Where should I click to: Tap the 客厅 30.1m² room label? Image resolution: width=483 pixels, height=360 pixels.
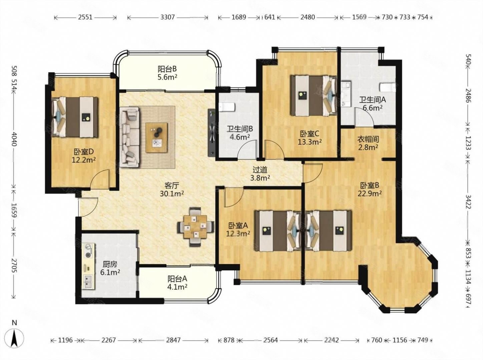(172, 190)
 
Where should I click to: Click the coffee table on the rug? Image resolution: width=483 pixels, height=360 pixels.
(156, 137)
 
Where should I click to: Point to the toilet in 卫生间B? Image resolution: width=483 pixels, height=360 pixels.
(227, 107)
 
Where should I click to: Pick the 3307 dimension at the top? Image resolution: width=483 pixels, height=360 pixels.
(167, 17)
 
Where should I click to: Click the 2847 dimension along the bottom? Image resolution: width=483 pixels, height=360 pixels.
(173, 340)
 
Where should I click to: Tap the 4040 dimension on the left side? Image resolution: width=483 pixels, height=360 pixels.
(14, 139)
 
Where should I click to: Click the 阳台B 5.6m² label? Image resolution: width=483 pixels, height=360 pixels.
(167, 73)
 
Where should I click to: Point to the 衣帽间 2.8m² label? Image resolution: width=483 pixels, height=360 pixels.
(368, 143)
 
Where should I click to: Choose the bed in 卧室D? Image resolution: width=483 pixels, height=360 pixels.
(74, 117)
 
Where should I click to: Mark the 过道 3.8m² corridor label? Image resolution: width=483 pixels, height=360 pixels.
(260, 174)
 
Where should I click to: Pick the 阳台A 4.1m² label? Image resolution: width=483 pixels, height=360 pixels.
(177, 283)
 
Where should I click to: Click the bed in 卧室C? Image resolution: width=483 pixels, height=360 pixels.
(314, 96)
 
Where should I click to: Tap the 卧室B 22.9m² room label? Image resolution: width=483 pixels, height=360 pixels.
(371, 189)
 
